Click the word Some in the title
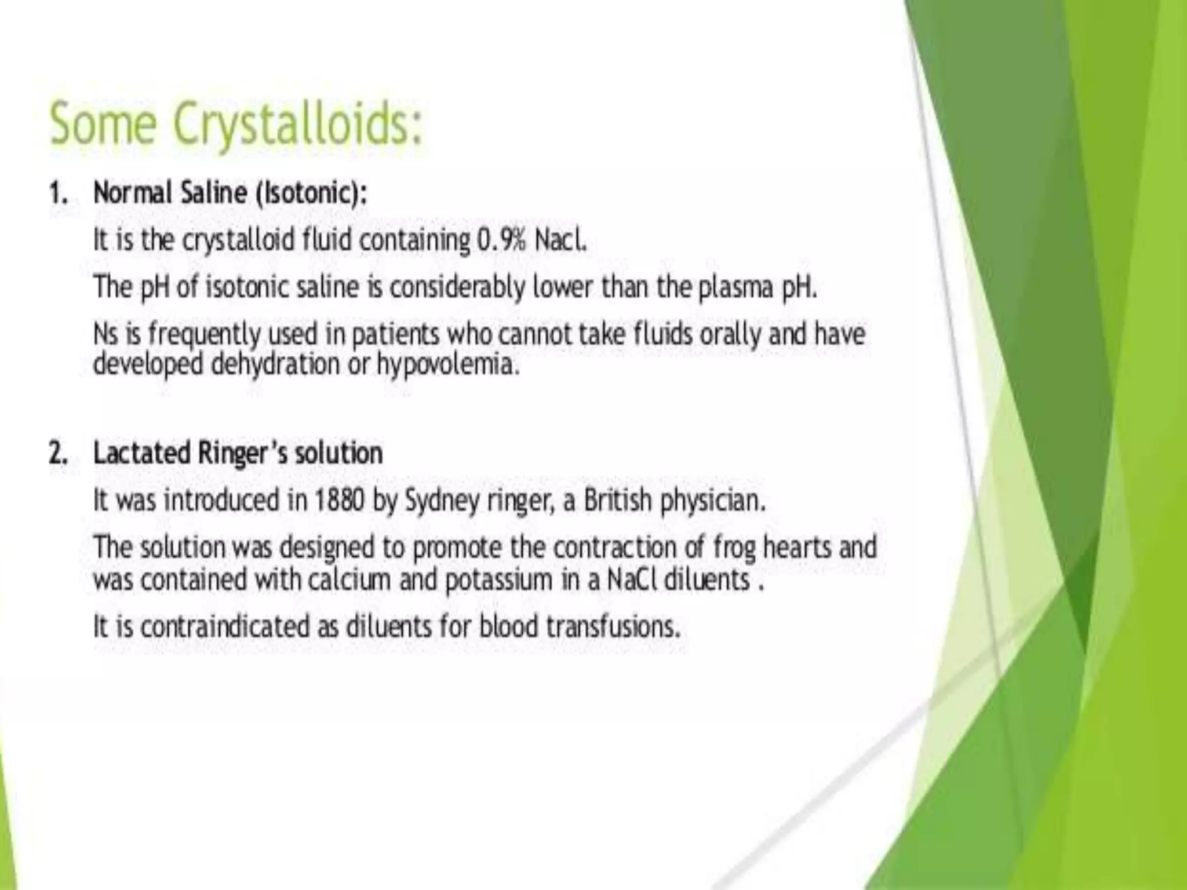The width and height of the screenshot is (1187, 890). [x=103, y=125]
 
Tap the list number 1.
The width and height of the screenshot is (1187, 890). [x=57, y=193]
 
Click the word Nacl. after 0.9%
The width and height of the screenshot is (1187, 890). [x=560, y=240]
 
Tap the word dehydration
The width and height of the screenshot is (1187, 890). [x=275, y=364]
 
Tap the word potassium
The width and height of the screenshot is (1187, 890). [x=498, y=580]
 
